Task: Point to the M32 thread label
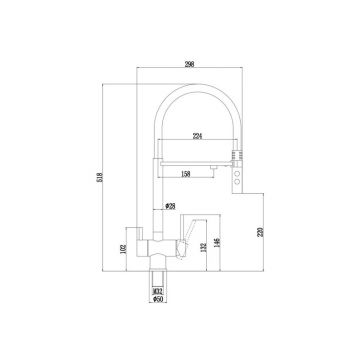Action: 158,319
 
